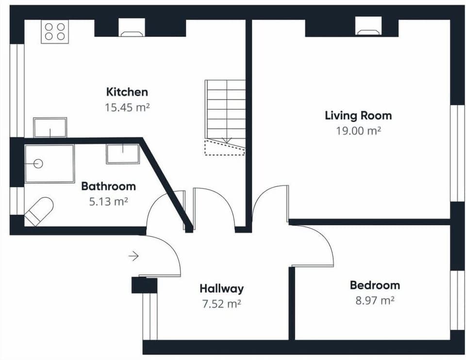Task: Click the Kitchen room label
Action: click(127, 92)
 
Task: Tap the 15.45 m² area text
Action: click(127, 107)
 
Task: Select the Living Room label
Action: click(358, 115)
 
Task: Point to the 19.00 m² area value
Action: click(358, 131)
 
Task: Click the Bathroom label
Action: click(108, 186)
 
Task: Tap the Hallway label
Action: click(221, 289)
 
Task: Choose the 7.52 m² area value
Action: click(221, 304)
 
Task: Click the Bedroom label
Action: click(375, 285)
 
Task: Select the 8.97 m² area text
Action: click(374, 301)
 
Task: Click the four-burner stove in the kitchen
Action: click(54, 32)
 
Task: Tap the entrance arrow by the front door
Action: click(134, 256)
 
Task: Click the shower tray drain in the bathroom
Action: click(38, 164)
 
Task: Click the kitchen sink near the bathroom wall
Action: click(50, 127)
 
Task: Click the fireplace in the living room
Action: click(368, 27)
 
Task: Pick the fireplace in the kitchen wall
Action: click(132, 28)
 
